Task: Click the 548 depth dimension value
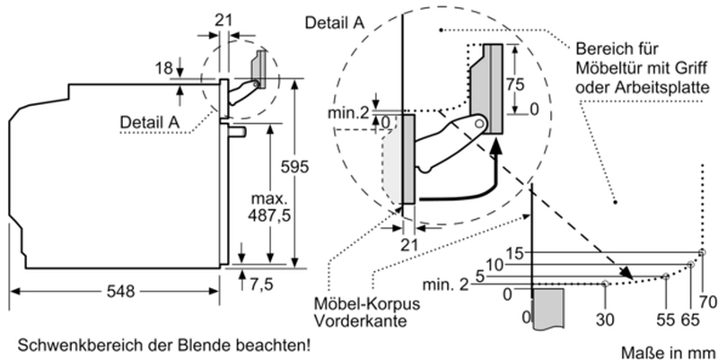(x=120, y=291)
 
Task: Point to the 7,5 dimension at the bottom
(x=262, y=285)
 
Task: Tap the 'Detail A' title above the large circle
(x=333, y=22)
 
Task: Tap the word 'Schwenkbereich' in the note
(x=66, y=344)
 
